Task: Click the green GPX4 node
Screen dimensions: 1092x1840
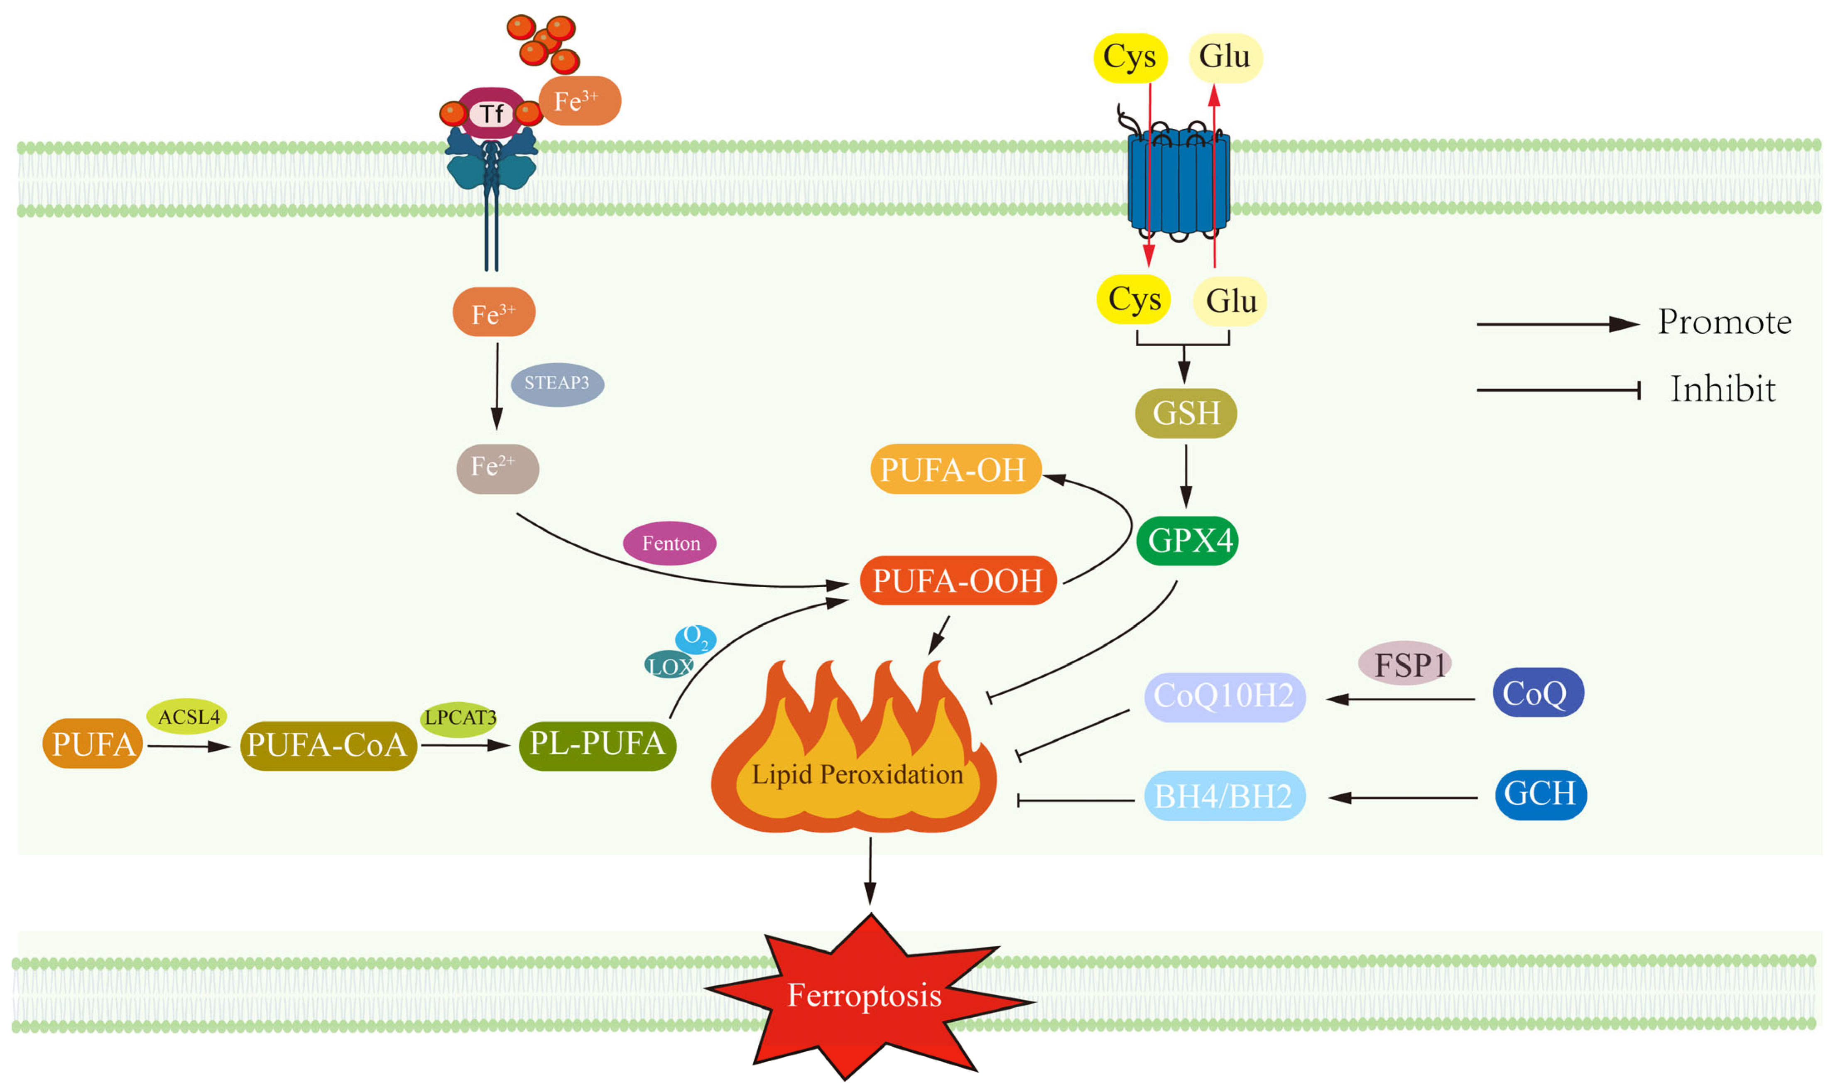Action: (1188, 541)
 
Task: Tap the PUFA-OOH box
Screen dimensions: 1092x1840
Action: (958, 580)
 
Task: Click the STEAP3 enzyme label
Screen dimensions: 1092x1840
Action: (557, 383)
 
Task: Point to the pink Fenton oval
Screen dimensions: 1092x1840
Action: (669, 543)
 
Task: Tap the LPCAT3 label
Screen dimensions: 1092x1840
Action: (460, 717)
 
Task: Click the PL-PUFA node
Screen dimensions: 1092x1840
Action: (598, 745)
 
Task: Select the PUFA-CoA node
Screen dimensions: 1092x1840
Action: (328, 745)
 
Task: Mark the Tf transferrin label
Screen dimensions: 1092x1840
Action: (491, 114)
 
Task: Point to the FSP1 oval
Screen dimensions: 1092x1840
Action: (1405, 664)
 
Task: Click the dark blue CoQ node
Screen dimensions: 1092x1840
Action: (1538, 693)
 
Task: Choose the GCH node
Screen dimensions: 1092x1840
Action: (1541, 794)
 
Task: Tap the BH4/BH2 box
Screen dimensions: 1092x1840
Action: (1224, 796)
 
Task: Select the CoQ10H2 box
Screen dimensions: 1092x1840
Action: (1224, 696)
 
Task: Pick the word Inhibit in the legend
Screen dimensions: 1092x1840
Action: (1722, 389)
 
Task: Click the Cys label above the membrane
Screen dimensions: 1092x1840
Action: (1130, 57)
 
